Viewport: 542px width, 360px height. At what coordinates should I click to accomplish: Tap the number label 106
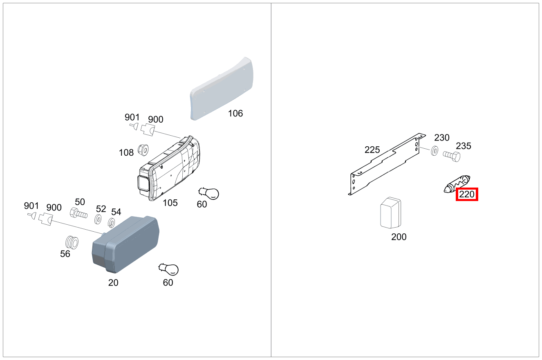point(235,114)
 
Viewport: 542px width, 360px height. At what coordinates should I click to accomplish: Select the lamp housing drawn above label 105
point(170,170)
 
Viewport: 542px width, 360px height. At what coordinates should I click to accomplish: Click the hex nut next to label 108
point(143,150)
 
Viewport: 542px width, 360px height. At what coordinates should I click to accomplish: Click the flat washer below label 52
point(98,219)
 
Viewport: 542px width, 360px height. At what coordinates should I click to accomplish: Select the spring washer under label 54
point(111,223)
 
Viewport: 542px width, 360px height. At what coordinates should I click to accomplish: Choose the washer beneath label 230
point(434,151)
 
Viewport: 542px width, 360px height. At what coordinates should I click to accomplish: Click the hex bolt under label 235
point(452,156)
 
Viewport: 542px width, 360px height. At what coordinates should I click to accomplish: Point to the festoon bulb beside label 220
point(457,184)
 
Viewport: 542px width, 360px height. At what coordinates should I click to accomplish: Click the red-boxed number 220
point(467,195)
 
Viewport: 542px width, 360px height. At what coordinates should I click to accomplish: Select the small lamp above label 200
point(391,213)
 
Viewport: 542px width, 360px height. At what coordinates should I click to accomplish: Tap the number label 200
point(399,237)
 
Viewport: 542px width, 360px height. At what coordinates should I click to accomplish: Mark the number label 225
point(372,150)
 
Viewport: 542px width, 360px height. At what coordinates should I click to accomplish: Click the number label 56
point(65,254)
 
